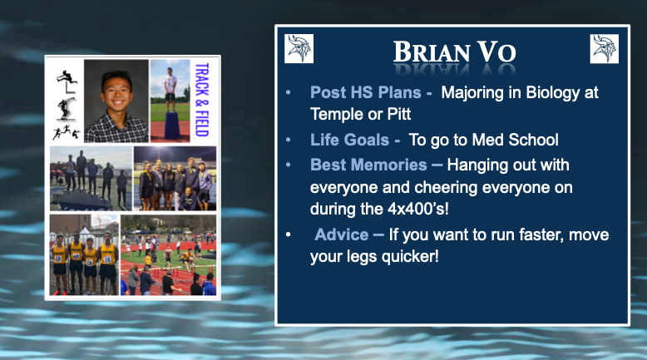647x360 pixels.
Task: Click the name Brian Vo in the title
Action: (455, 52)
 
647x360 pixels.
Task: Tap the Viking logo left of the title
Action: (299, 48)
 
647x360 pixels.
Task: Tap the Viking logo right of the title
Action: (605, 48)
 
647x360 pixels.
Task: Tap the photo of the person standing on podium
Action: (170, 100)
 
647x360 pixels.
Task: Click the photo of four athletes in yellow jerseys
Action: (83, 254)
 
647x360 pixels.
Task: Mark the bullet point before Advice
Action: (289, 236)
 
